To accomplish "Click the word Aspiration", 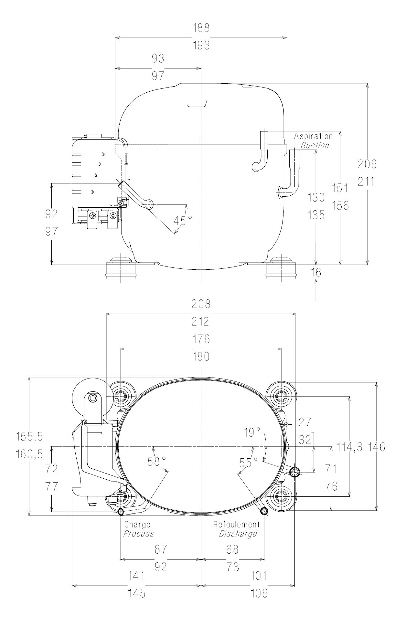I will [x=313, y=136].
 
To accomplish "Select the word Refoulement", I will [x=236, y=525].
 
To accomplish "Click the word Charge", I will [x=137, y=525].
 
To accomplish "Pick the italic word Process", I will [x=139, y=534].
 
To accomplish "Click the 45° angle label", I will [x=182, y=221].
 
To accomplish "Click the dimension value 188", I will [x=201, y=28].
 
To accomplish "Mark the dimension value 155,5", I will [x=29, y=437].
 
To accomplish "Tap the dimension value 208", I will [x=201, y=304].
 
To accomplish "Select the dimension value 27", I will [x=304, y=422].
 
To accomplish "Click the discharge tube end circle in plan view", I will [x=264, y=511].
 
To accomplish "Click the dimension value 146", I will [x=377, y=447].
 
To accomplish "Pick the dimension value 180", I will [x=201, y=357].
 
